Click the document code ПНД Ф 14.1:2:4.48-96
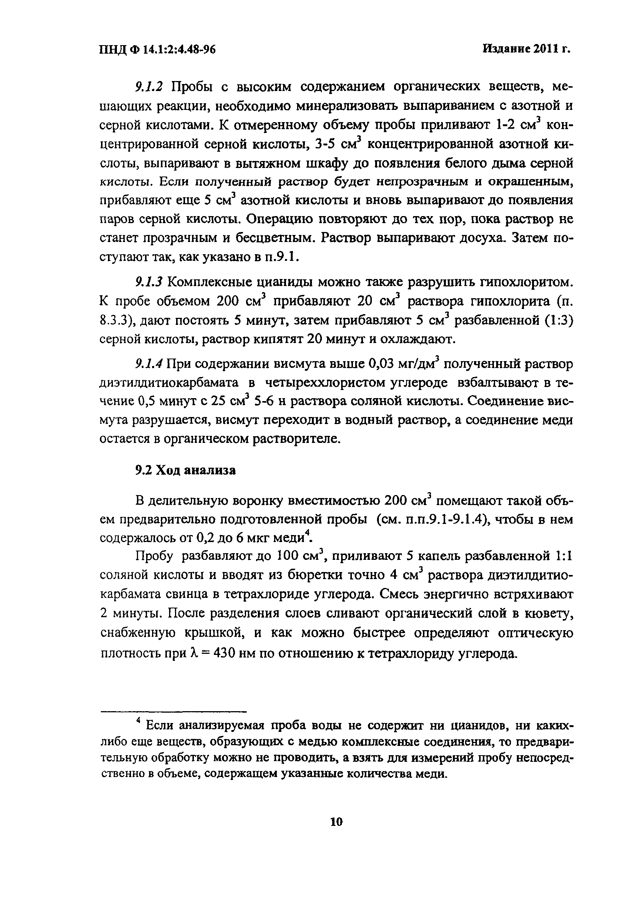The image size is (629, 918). [157, 49]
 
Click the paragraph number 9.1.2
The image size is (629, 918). [149, 87]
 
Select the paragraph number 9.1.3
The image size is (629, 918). [149, 282]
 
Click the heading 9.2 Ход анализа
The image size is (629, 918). [185, 470]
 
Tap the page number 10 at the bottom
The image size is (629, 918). [336, 822]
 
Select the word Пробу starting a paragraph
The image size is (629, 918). [155, 556]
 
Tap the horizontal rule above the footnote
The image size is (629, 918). [174, 712]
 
